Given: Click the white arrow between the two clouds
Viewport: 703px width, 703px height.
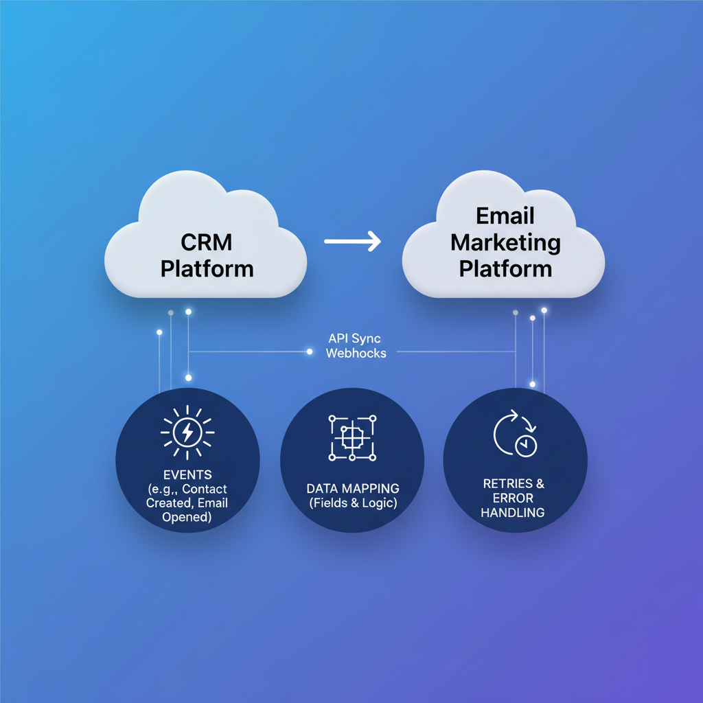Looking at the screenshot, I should tap(352, 241).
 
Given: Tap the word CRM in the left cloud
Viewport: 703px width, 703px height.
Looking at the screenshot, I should tap(207, 242).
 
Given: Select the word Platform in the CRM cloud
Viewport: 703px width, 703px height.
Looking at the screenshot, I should tap(207, 268).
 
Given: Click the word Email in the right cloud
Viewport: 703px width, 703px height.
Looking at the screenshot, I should tap(505, 216).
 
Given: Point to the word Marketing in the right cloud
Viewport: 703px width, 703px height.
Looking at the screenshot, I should tap(505, 242).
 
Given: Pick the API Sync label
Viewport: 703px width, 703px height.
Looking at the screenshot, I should tap(354, 338).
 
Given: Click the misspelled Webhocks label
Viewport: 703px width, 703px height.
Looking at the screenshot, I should tap(356, 354).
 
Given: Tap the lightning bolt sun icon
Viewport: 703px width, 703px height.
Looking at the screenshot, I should tap(187, 433).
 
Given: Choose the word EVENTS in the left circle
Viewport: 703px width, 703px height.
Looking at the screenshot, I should tap(187, 474).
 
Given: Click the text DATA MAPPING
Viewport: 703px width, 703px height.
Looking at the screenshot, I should tap(353, 488).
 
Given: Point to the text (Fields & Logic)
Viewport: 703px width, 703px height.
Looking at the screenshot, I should tap(353, 503).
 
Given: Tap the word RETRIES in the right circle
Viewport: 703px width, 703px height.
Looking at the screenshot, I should tap(507, 483).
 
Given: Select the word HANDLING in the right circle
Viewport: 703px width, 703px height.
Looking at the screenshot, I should tap(513, 512).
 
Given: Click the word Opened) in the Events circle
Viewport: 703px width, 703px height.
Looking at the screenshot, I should tap(187, 517).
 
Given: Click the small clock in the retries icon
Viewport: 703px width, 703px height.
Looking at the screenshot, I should tap(527, 446).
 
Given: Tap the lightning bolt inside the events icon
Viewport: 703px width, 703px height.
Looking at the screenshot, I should tap(187, 433).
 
